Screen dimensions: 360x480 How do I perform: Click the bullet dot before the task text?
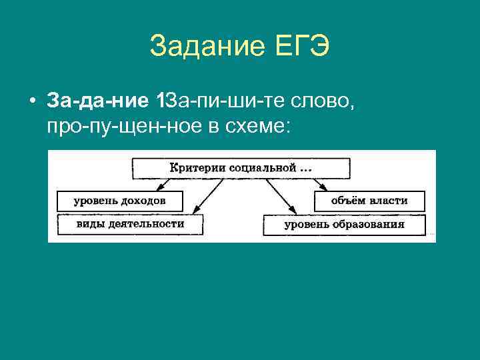click(31, 101)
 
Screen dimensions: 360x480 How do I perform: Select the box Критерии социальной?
click(240, 168)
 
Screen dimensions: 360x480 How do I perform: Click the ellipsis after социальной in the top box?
click(305, 169)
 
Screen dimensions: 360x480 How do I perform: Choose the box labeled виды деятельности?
click(130, 224)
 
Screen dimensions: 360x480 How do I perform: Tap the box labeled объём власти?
click(369, 200)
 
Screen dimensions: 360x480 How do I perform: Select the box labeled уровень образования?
click(344, 225)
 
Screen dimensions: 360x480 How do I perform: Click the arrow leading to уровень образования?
click(280, 197)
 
